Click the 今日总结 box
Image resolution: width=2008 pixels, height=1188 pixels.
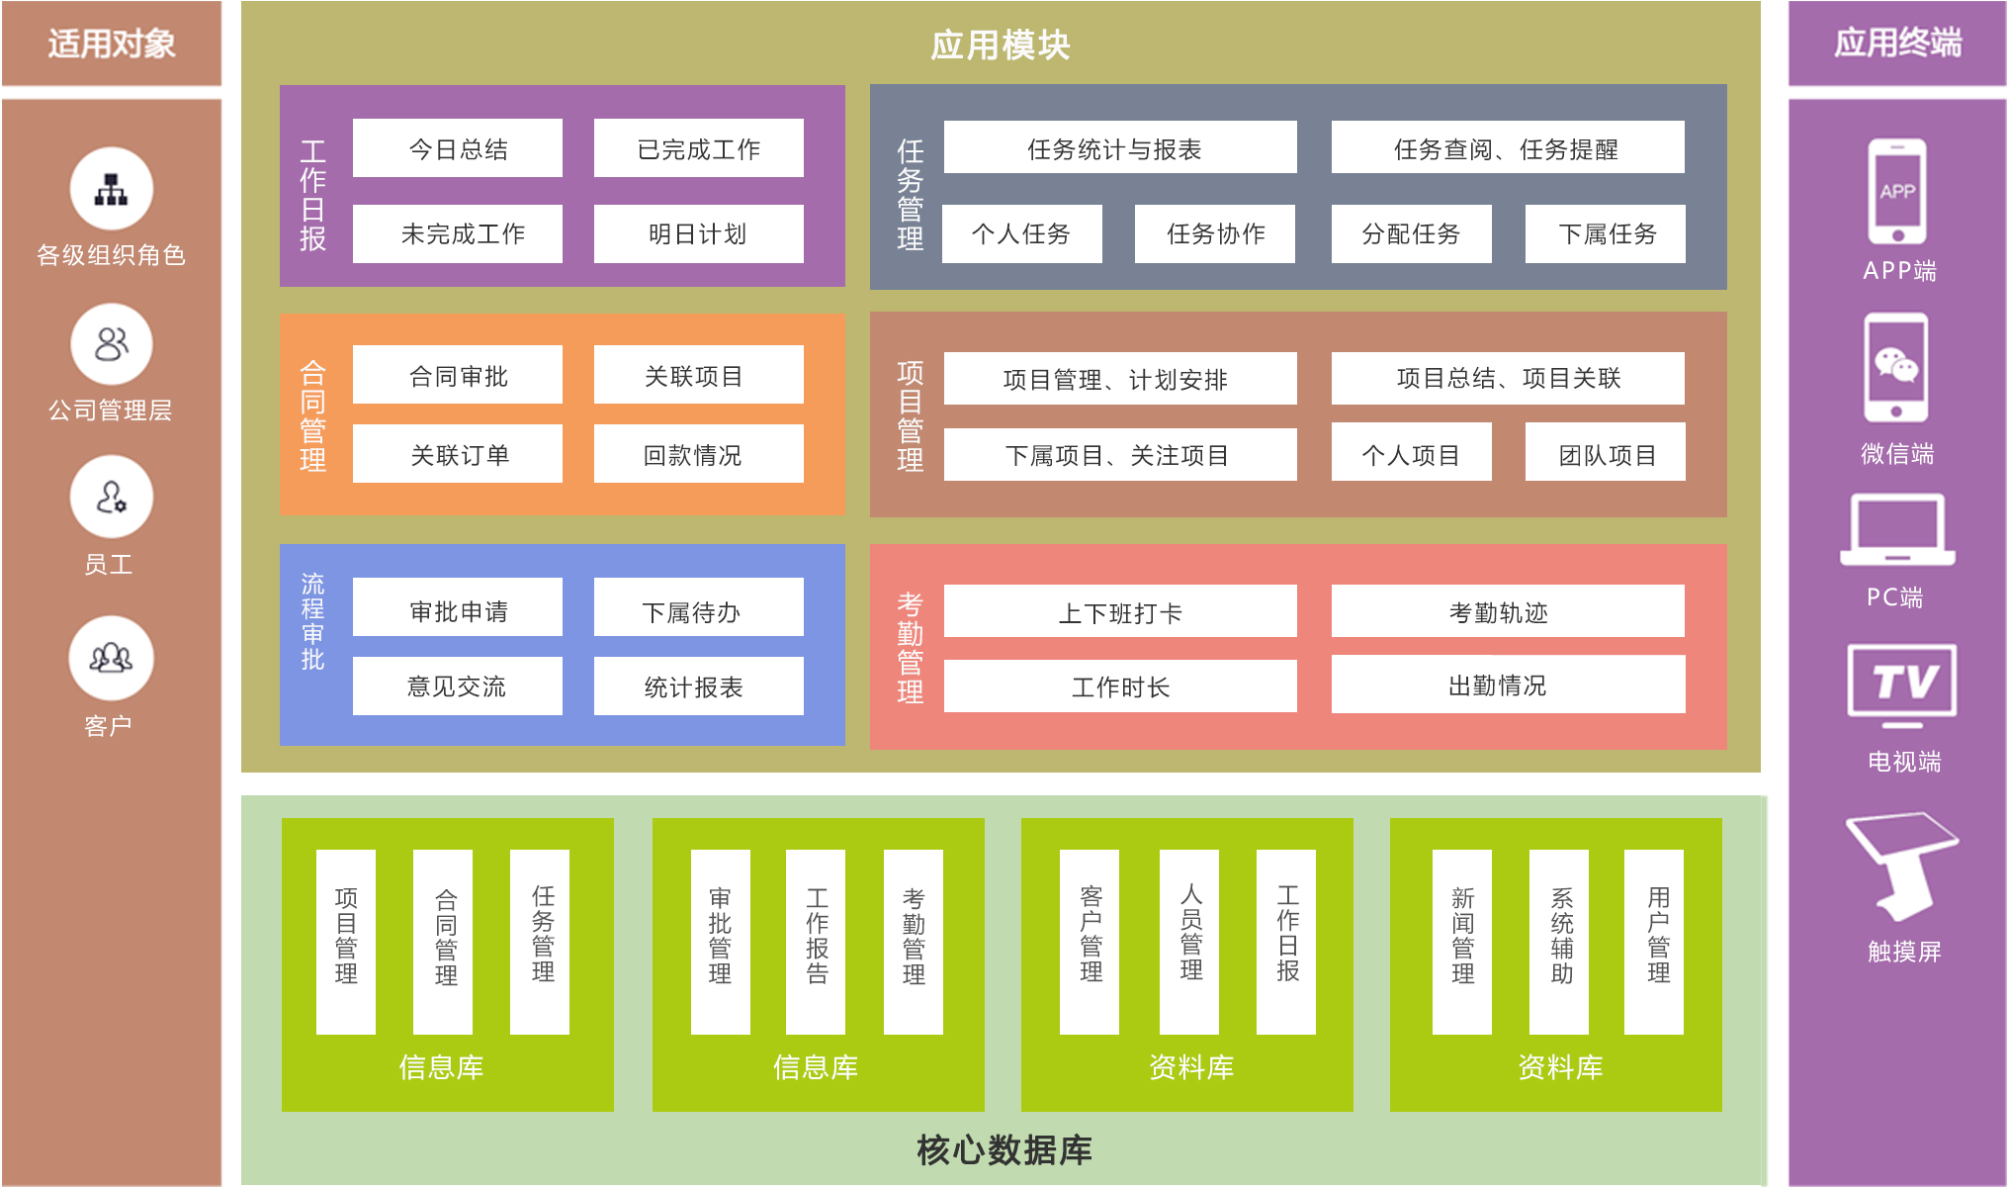coord(458,148)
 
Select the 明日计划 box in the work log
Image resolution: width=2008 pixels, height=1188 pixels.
coord(698,233)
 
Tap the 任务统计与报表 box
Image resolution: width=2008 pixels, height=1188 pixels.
coord(1120,147)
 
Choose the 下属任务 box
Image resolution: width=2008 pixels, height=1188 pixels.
coord(1606,233)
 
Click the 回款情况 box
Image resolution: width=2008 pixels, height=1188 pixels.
coord(698,454)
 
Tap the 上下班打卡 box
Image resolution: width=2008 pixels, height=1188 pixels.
coord(1120,611)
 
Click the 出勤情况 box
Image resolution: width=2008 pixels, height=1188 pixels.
coord(1508,685)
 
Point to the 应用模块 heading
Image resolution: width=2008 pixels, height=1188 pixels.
coord(1001,45)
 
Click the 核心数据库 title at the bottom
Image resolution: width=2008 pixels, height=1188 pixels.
coord(1004,1149)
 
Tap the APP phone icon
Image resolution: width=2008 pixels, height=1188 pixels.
coord(1896,191)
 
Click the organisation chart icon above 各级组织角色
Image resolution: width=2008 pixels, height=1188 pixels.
coord(111,188)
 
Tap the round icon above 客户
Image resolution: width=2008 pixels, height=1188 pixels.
coord(111,658)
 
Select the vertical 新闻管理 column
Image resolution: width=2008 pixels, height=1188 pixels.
coord(1461,942)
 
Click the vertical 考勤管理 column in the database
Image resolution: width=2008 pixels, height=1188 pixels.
coord(913,942)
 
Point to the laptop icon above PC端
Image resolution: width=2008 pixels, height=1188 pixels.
coord(1897,531)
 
